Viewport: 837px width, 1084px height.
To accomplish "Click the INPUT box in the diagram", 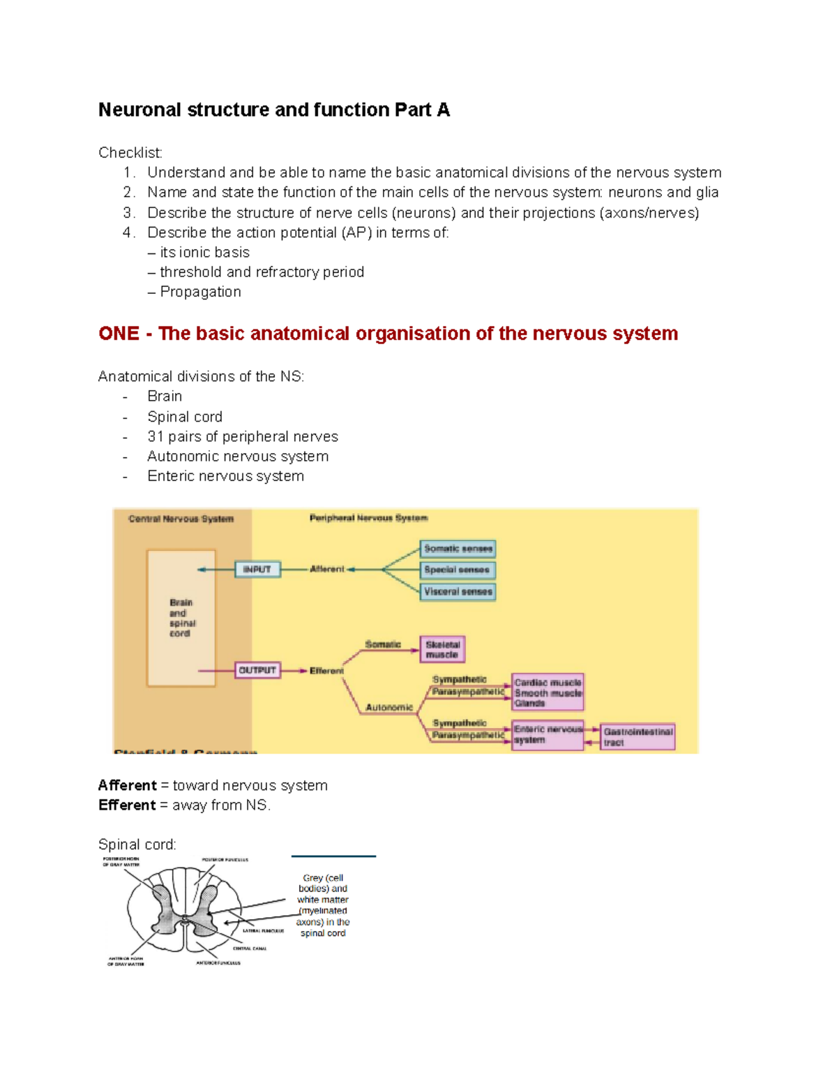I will tap(257, 570).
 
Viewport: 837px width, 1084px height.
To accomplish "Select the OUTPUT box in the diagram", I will tap(257, 670).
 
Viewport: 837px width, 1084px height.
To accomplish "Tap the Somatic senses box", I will tap(458, 549).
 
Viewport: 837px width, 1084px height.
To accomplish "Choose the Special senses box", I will tap(458, 570).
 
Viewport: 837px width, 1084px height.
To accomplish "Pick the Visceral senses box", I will tap(458, 592).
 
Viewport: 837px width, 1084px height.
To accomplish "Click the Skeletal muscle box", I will tap(442, 649).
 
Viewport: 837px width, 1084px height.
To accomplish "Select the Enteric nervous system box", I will tap(548, 735).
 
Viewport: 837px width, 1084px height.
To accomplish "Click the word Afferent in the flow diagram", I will tap(327, 569).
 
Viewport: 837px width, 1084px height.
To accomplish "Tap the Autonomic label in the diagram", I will tap(389, 707).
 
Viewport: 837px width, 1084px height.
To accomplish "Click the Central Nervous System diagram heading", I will tap(181, 519).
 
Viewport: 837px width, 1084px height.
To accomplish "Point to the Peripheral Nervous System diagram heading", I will tap(368, 518).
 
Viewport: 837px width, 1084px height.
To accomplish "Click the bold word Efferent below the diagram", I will tap(127, 805).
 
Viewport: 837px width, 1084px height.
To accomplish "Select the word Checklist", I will tap(130, 153).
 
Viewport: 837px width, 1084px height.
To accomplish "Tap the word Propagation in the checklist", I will tap(201, 292).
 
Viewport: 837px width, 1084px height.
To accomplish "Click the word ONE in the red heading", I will tap(119, 334).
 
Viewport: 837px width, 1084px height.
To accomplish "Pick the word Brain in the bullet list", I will tap(165, 396).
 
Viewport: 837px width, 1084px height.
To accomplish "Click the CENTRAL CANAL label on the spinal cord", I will tap(250, 949).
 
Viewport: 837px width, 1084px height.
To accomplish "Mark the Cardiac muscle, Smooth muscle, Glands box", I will tap(548, 692).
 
